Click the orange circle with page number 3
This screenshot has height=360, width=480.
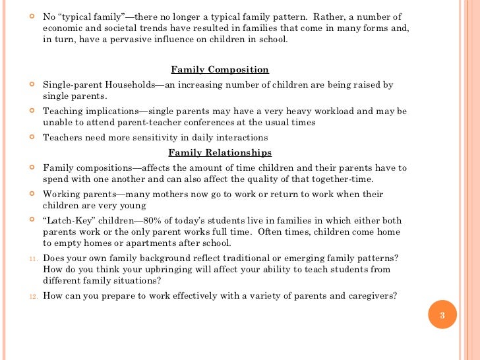[442, 315]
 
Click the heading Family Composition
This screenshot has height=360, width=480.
[220, 70]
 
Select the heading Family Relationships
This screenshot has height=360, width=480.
[220, 153]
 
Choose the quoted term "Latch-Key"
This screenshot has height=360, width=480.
[69, 220]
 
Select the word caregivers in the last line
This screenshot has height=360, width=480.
[372, 295]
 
